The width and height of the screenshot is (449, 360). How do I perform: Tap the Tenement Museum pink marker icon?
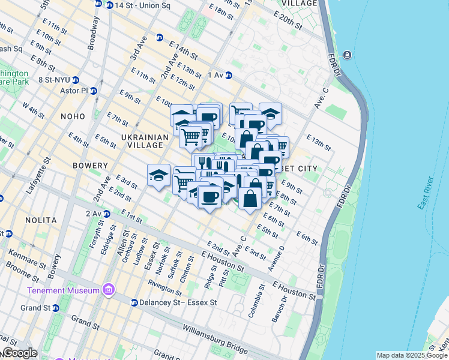[109, 290]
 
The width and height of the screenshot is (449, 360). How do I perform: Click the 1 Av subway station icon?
[229, 75]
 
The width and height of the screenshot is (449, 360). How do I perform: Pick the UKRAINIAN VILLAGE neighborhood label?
[142, 141]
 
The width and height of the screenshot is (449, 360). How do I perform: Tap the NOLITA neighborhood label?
[41, 220]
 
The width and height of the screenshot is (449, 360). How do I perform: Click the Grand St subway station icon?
[55, 308]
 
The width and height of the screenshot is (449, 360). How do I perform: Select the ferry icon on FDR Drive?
[348, 56]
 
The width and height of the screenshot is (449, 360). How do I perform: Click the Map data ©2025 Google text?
[412, 356]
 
